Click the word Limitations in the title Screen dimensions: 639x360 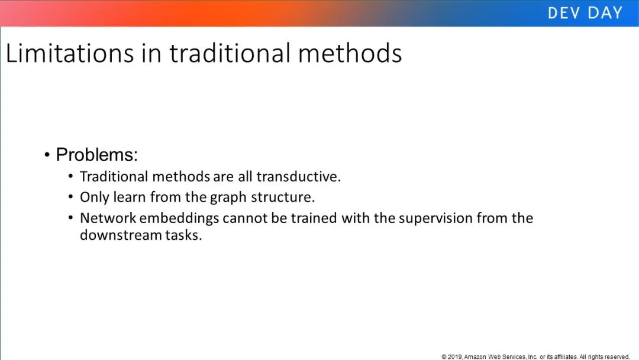pos(70,53)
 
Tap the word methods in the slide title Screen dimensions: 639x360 pos(350,53)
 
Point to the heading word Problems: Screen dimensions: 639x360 pos(97,155)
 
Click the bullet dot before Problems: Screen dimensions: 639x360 pos(47,155)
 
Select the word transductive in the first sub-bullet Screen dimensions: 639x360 pos(298,176)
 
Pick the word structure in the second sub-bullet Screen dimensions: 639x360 pos(283,197)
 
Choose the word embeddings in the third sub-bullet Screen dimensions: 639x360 pos(179,218)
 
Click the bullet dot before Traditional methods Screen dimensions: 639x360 pos(71,176)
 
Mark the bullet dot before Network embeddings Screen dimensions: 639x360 pos(71,218)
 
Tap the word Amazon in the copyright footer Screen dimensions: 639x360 pos(475,356)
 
